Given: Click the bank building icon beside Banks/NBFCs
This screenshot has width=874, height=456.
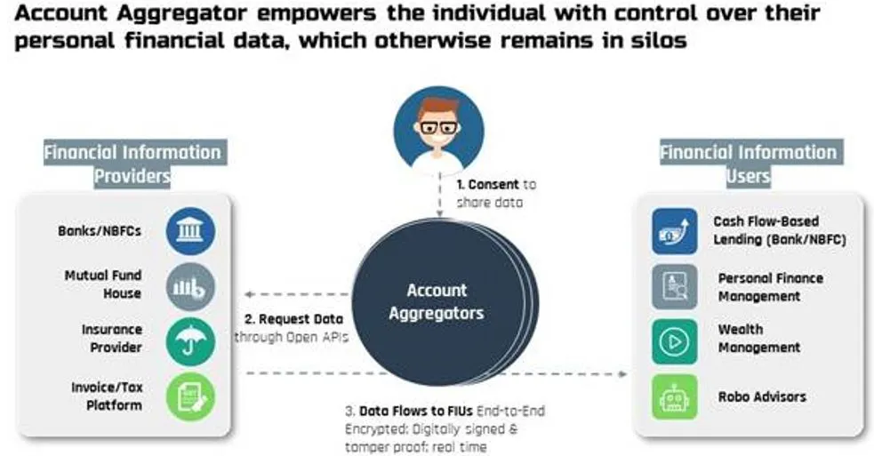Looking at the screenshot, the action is click(190, 231).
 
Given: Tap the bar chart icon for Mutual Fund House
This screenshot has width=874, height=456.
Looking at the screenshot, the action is click(190, 287).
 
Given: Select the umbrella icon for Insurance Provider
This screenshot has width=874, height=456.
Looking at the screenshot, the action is click(190, 341).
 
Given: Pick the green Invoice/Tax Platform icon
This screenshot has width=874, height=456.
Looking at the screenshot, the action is click(190, 397).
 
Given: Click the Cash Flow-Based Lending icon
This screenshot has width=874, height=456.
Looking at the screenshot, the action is click(675, 231).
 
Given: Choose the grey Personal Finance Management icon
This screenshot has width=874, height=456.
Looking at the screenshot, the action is click(675, 287).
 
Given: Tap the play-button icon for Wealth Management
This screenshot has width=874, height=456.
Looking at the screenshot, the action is click(675, 341).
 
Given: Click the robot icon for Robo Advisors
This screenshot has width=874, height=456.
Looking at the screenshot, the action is click(675, 397).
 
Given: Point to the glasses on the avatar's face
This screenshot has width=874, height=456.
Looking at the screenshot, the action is click(438, 127).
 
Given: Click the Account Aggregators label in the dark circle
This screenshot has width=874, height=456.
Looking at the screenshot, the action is click(437, 301).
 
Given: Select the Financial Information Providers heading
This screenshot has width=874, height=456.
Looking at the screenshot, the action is click(132, 164).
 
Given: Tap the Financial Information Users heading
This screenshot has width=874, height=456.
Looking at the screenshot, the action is click(748, 164).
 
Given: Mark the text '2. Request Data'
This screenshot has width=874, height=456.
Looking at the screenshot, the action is click(293, 319).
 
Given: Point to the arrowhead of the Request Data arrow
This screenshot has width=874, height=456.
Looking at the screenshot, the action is click(249, 294).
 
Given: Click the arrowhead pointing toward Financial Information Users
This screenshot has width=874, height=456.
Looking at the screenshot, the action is click(622, 373).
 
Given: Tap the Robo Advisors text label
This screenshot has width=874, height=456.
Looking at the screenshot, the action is click(762, 397).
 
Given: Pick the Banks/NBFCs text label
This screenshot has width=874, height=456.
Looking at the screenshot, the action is click(100, 231).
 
